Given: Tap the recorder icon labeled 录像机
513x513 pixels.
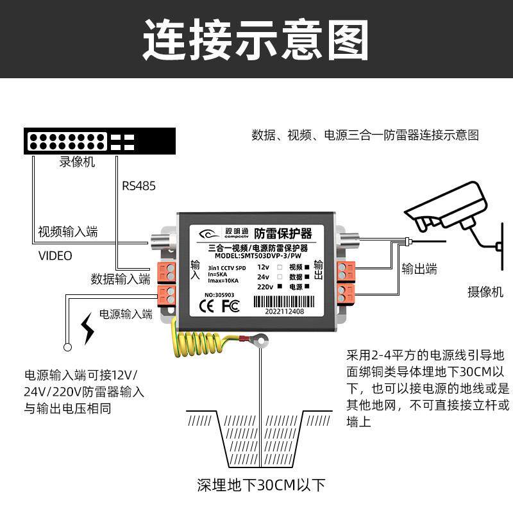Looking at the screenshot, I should click(x=99, y=141).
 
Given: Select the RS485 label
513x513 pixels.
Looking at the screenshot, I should click(x=139, y=186).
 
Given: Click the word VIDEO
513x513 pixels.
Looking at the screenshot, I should click(x=55, y=255).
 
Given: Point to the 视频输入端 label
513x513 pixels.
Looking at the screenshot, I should click(x=68, y=231).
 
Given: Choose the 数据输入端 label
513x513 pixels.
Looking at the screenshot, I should click(x=121, y=279).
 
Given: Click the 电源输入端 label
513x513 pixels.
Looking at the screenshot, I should click(x=126, y=314).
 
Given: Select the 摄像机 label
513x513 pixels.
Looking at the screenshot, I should click(x=485, y=292).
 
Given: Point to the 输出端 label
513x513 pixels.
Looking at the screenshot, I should click(x=419, y=269).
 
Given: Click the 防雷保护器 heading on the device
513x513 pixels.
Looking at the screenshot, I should click(x=283, y=233).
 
